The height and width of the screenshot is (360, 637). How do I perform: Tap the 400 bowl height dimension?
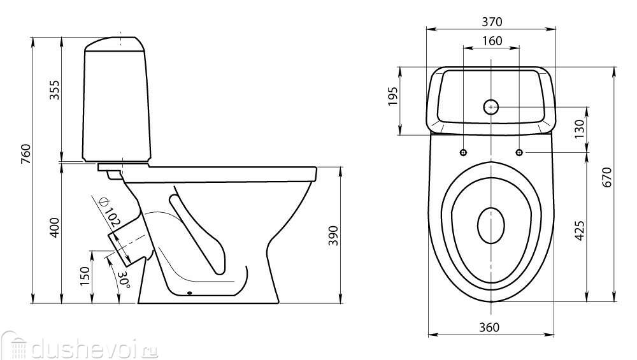(x=55, y=227)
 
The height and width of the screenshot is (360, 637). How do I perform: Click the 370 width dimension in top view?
(x=491, y=22)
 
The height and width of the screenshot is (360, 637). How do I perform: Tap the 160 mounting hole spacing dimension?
(x=491, y=41)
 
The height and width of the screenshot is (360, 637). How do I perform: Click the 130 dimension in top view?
(x=578, y=129)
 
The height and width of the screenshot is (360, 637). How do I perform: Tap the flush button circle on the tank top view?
(x=491, y=106)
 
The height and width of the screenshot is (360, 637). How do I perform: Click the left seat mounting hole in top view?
(x=463, y=152)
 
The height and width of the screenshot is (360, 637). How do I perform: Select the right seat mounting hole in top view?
(x=519, y=152)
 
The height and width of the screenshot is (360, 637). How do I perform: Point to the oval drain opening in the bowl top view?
(x=491, y=226)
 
